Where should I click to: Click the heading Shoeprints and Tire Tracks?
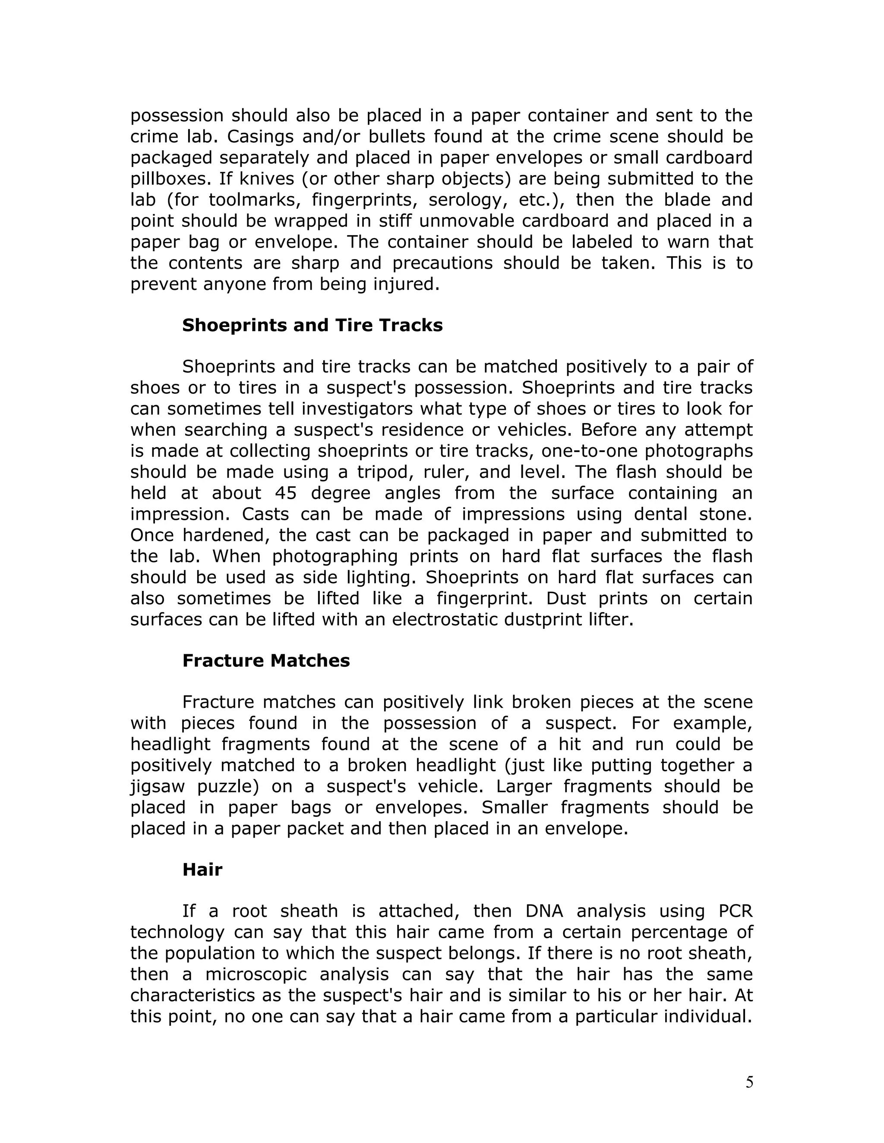[x=312, y=326]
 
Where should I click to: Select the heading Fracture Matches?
[x=266, y=660]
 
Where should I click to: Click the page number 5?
[x=749, y=1082]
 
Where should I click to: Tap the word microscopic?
[x=256, y=974]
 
